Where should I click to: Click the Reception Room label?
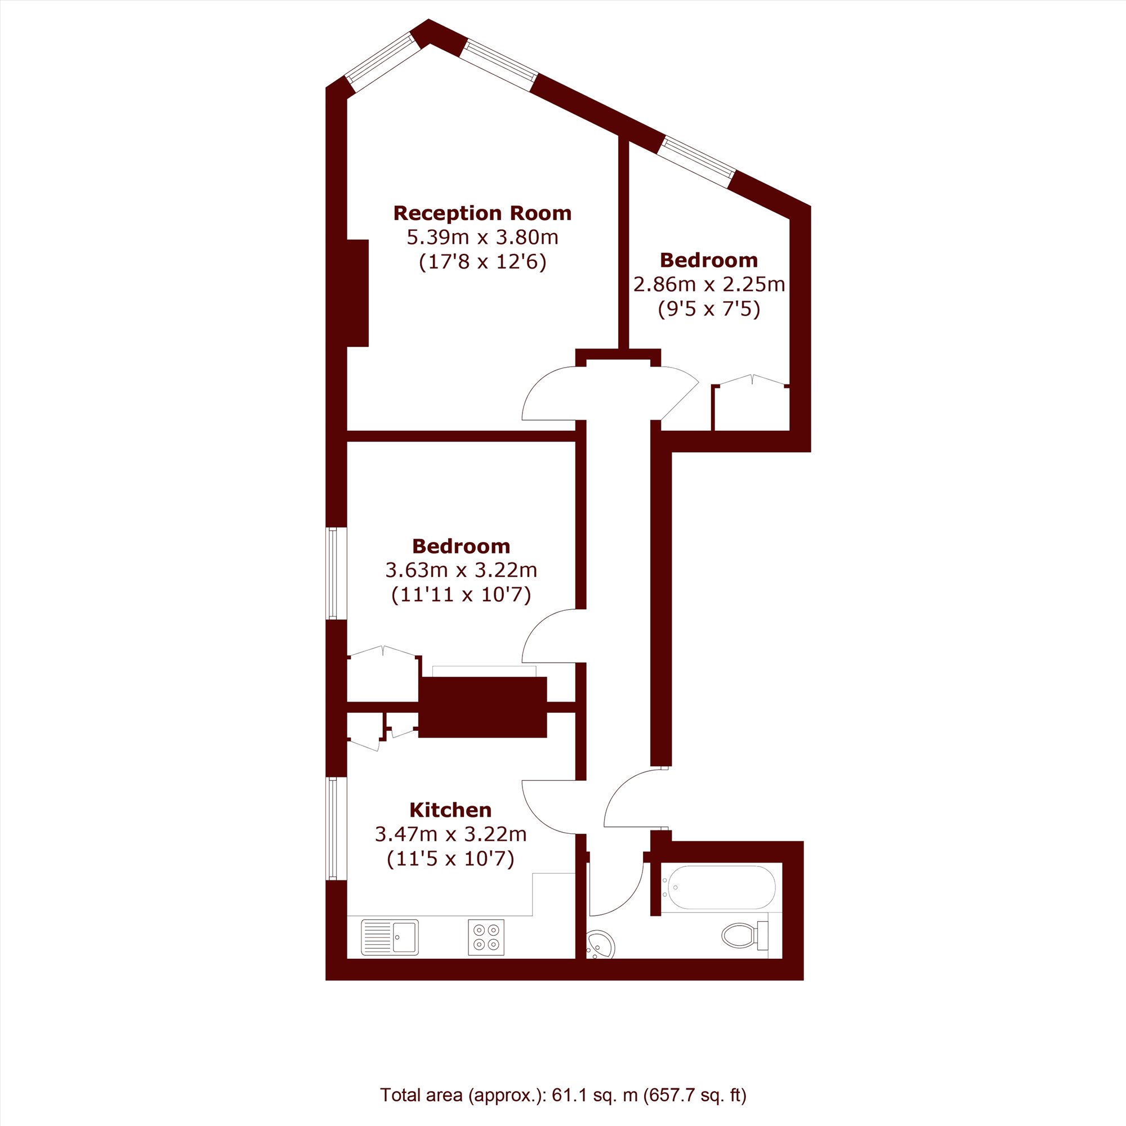pyautogui.click(x=482, y=213)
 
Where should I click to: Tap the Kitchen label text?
pyautogui.click(x=450, y=810)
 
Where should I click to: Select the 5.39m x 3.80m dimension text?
pyautogui.click(x=482, y=238)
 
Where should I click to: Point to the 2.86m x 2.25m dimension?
pyautogui.click(x=709, y=284)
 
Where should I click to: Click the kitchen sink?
pyautogui.click(x=390, y=937)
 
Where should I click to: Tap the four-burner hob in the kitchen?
pyautogui.click(x=486, y=937)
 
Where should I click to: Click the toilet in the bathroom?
pyautogui.click(x=745, y=936)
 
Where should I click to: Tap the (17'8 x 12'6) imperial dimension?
pyautogui.click(x=482, y=262)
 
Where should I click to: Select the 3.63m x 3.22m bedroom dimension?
pyautogui.click(x=461, y=570)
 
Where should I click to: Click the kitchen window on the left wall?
pyautogui.click(x=332, y=828)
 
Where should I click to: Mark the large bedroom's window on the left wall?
pyautogui.click(x=332, y=573)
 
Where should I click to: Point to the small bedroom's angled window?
pyautogui.click(x=696, y=163)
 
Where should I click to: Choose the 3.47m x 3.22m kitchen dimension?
pyautogui.click(x=450, y=834)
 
